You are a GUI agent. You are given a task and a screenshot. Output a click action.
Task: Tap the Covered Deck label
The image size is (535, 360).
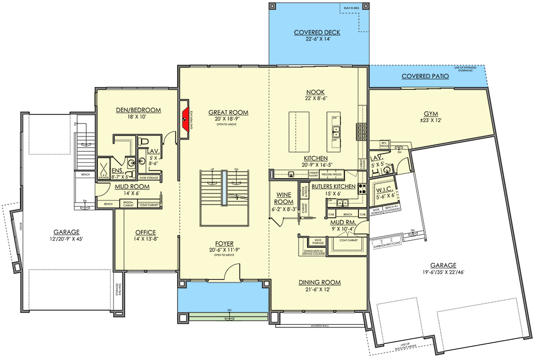point(317,33)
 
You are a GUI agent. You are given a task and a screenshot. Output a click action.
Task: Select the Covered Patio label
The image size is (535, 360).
point(425,76)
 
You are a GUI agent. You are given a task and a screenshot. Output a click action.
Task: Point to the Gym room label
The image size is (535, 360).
point(431,114)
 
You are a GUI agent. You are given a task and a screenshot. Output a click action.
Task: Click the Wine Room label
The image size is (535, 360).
point(284,198)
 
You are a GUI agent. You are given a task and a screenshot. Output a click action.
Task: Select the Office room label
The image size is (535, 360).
point(145,232)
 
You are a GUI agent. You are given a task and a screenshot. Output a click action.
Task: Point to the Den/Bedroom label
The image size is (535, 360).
point(138,110)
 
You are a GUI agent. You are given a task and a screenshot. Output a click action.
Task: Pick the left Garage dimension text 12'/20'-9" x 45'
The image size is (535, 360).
point(66,239)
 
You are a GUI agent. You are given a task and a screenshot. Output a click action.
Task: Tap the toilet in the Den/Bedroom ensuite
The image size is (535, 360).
point(143,141)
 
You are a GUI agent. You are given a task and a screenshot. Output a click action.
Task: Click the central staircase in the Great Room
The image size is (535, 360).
point(225,198)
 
